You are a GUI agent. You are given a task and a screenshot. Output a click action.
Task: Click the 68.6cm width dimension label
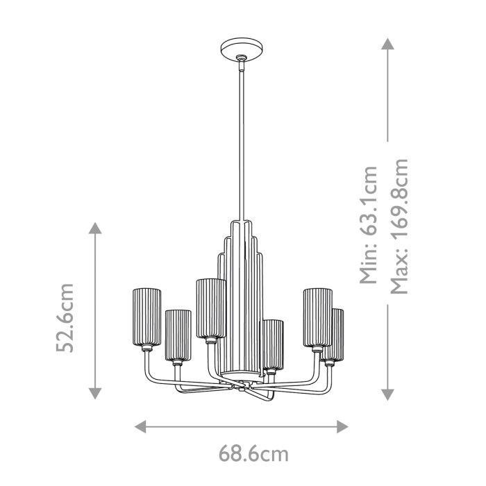coord(244,455)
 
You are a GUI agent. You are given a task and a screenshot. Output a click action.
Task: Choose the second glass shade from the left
coord(178,335)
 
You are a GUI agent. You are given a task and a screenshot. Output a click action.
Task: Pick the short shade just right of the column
coord(271,344)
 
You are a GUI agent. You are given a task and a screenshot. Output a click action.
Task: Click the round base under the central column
coord(240,378)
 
